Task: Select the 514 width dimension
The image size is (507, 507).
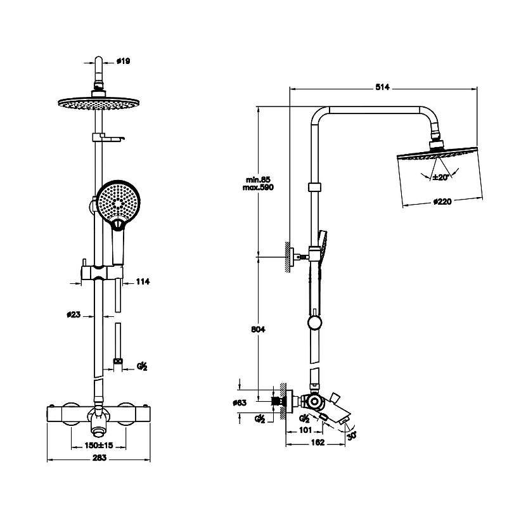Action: [x=382, y=87]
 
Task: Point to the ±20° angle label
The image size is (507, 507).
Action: [x=440, y=177]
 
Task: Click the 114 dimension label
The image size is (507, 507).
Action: [x=143, y=281]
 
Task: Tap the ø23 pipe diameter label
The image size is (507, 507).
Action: [x=74, y=313]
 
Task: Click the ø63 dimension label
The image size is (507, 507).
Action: [x=259, y=402]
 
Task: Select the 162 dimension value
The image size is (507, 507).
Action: [x=317, y=443]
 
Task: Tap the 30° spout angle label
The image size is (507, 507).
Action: [x=352, y=435]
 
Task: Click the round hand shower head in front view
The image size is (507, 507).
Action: [x=118, y=202]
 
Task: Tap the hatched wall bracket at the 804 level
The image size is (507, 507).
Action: [x=289, y=257]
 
